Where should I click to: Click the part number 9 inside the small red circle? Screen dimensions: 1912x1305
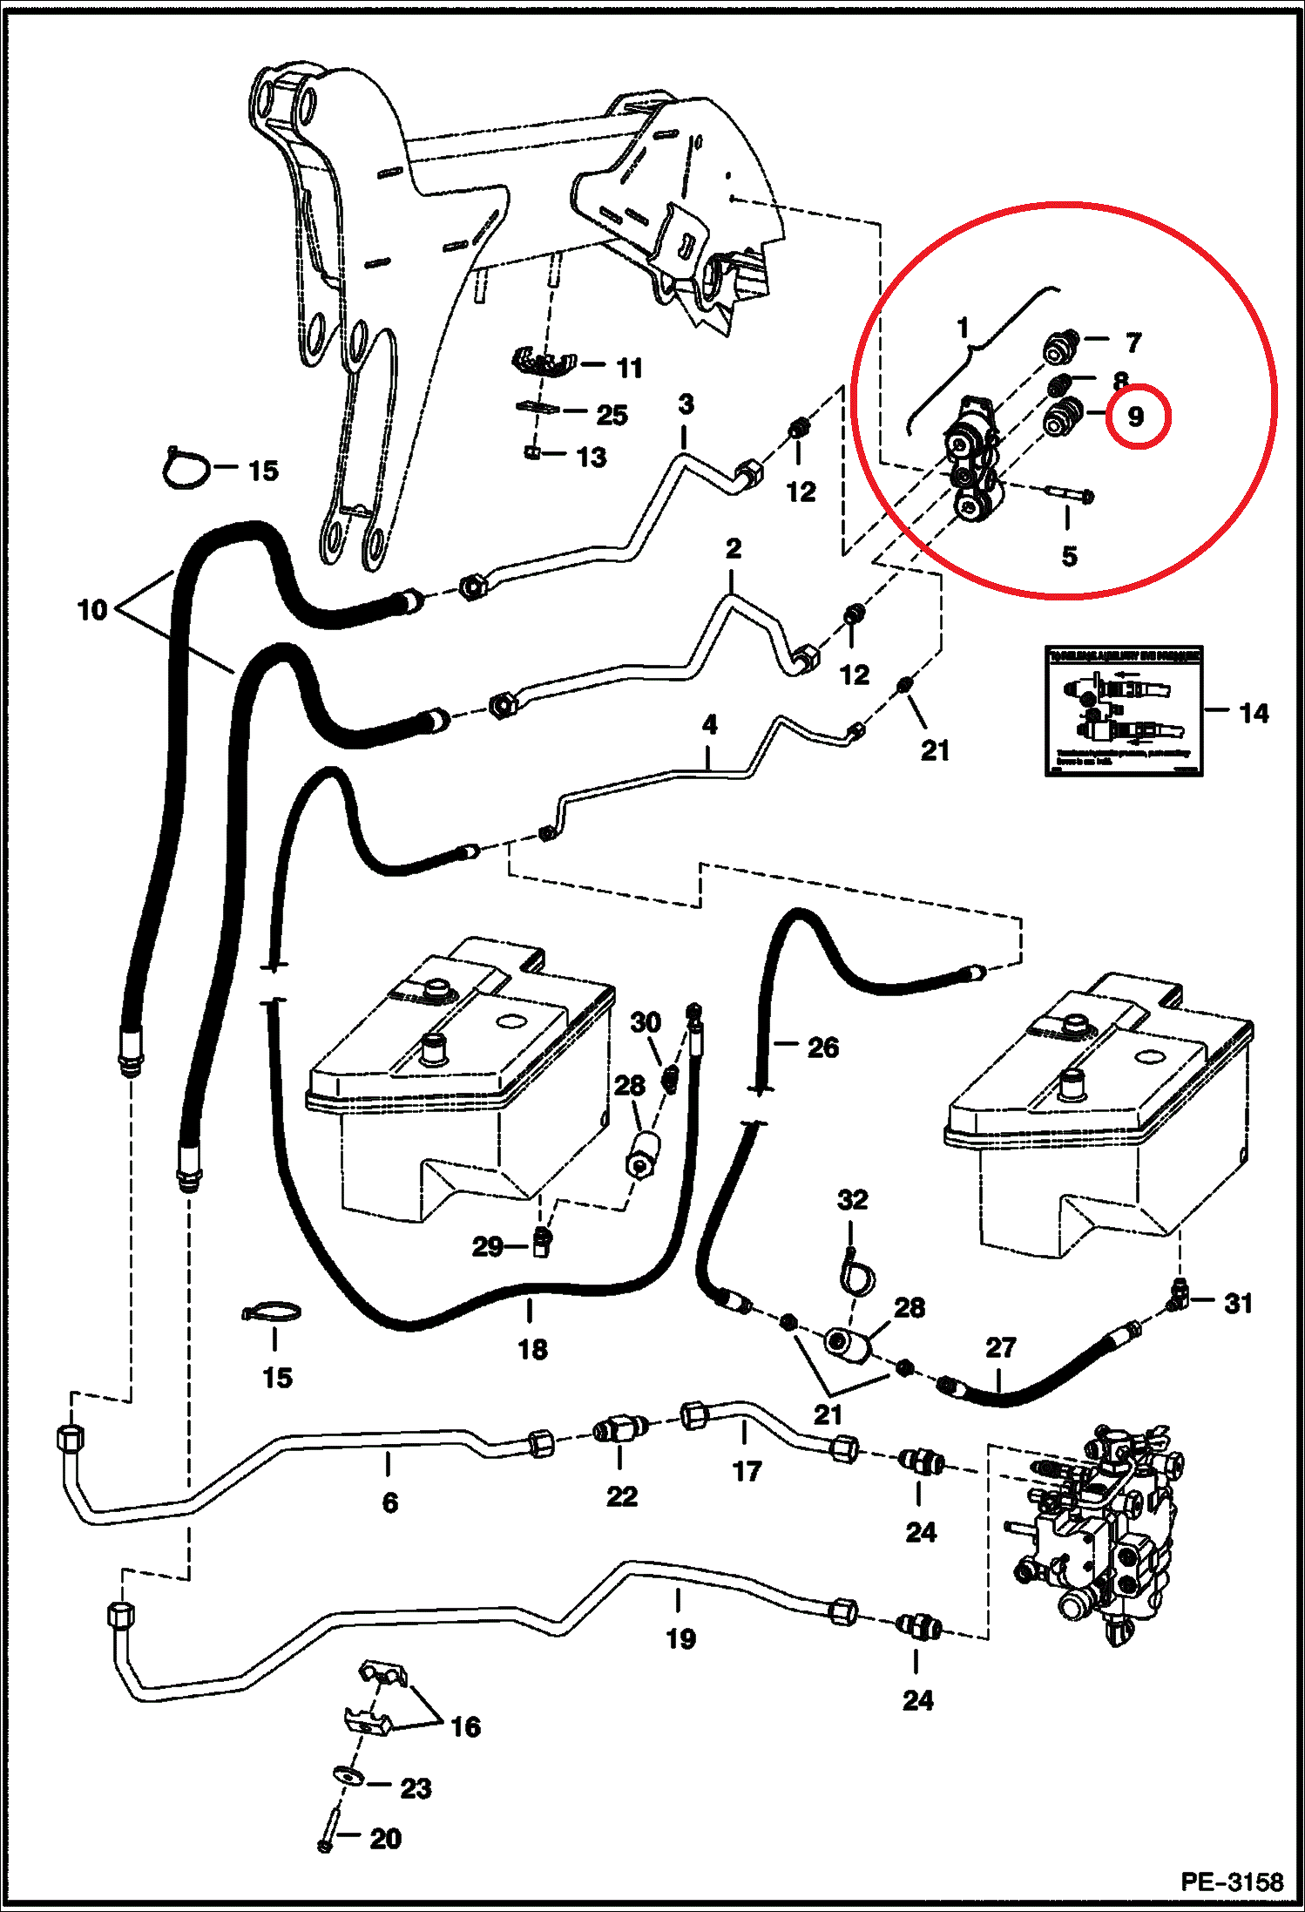coord(1136,417)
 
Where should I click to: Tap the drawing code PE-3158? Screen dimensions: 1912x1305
coord(1232,1881)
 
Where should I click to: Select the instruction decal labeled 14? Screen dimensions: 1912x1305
coord(1124,710)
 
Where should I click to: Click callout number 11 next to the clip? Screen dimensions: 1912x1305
coord(629,368)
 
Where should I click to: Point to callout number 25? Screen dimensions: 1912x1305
coord(612,415)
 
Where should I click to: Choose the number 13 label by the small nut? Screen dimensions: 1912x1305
coord(592,457)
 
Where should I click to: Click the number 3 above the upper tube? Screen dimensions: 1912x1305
coord(686,404)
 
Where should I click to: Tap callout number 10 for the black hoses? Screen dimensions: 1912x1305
coord(92,609)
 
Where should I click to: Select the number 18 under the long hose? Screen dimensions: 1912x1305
coord(532,1349)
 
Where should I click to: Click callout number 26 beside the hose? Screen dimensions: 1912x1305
coord(822,1047)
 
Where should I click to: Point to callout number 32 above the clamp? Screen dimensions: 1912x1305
coord(853,1200)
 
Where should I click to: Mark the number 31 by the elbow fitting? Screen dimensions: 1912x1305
coord(1238,1304)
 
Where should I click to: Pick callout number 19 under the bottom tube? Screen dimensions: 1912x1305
coord(680,1638)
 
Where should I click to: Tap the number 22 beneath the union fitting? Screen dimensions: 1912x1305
coord(622,1496)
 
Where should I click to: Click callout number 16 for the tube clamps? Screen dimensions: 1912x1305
coord(465,1726)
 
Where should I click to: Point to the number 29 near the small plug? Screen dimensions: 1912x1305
coord(487,1246)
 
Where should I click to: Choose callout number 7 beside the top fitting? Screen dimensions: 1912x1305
coord(1133,342)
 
